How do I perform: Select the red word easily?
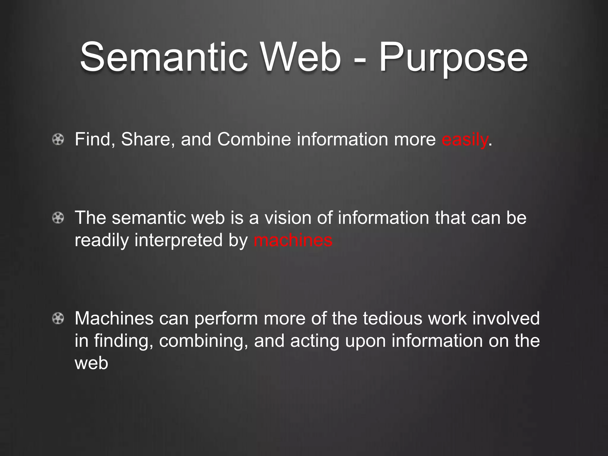(x=464, y=139)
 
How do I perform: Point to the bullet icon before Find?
(x=58, y=139)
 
